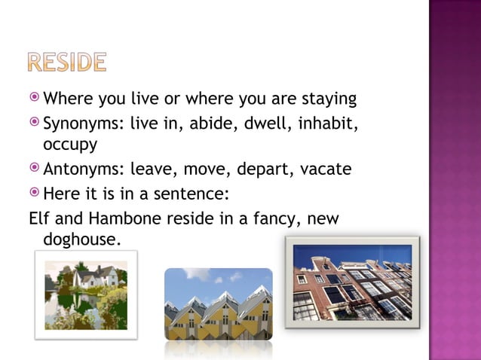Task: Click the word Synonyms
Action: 84,121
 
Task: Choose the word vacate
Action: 326,169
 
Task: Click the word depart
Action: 264,169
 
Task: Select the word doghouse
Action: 76,240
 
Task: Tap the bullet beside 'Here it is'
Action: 35,194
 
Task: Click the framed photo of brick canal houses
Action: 351,282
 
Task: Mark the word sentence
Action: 188,194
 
